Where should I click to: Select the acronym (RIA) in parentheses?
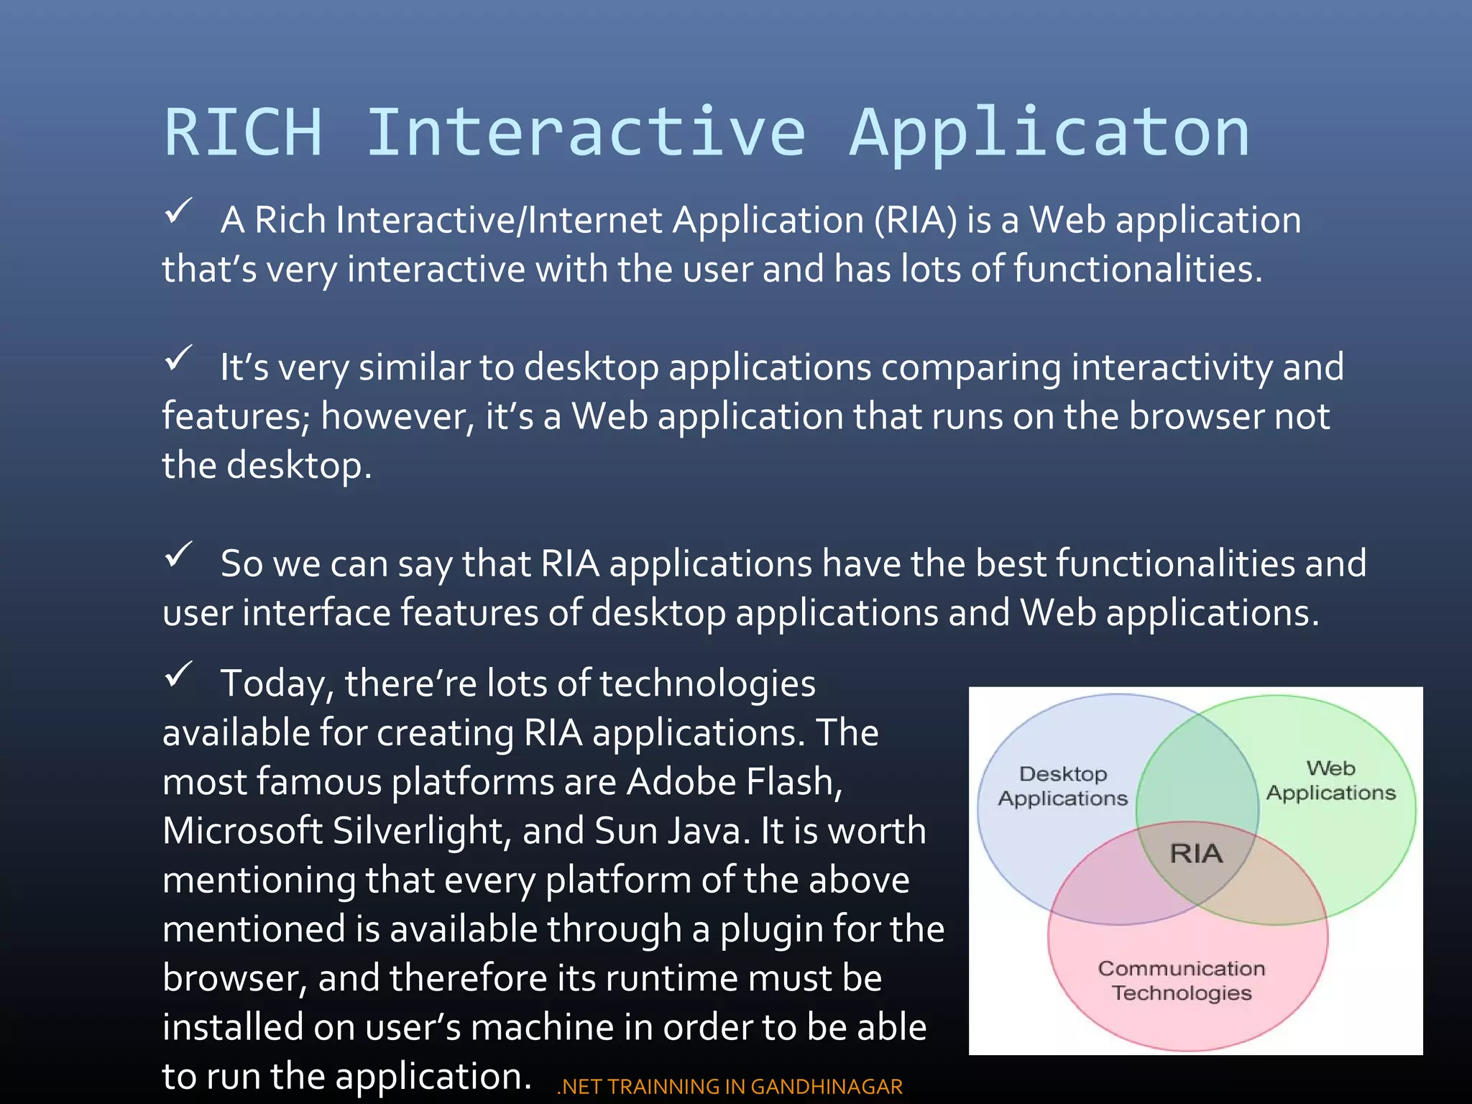tap(916, 220)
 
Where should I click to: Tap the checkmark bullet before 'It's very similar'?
tap(178, 358)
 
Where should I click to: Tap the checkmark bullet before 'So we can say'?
tap(178, 554)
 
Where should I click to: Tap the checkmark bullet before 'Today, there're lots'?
tap(178, 674)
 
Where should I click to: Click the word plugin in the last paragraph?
tap(771, 929)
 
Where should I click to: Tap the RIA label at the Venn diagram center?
tap(1196, 853)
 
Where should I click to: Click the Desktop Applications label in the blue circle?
tap(1063, 786)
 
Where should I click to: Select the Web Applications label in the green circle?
tap(1330, 781)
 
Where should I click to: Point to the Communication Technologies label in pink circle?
tap(1181, 980)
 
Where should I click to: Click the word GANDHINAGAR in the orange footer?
tap(827, 1086)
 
